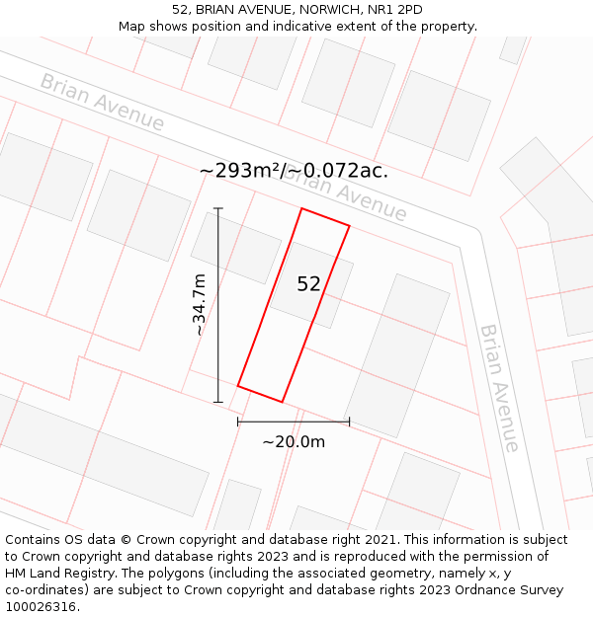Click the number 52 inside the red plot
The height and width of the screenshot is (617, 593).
tap(308, 284)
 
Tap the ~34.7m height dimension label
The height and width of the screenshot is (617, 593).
tap(200, 305)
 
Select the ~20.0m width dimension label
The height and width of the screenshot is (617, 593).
tap(294, 441)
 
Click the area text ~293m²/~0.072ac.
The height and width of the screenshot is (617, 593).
tap(294, 171)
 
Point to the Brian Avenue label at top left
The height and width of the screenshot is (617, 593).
tap(102, 102)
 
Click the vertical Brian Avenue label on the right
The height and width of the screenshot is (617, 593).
tap(498, 387)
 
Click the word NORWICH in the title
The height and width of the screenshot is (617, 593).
tap(313, 9)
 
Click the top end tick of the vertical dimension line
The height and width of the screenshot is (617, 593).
tap(218, 208)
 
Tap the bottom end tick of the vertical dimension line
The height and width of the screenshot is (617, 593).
tap(218, 402)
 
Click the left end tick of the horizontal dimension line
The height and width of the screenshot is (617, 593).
tap(238, 422)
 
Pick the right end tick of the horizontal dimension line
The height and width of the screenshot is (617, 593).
tap(349, 422)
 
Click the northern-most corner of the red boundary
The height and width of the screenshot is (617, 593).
tap(302, 208)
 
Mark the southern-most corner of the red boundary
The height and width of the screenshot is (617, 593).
tap(283, 402)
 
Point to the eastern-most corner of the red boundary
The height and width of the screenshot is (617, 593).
tap(349, 225)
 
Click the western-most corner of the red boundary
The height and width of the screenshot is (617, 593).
tap(238, 385)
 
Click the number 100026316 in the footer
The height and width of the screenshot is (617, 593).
tap(41, 607)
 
